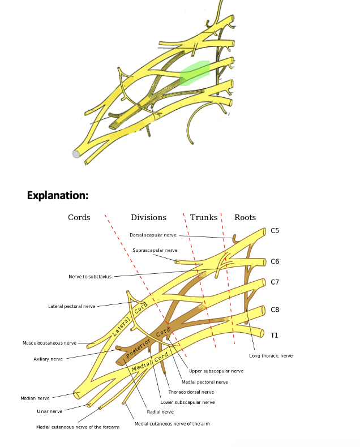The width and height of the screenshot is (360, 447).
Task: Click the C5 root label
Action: click(275, 231)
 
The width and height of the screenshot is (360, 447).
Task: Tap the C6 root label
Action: click(275, 261)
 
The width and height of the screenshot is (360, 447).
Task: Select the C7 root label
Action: click(275, 282)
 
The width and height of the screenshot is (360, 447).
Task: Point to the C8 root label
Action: click(275, 310)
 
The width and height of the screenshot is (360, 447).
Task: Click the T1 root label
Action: click(274, 335)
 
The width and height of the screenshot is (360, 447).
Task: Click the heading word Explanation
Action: click(58, 196)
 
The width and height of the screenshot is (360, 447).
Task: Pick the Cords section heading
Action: click(79, 217)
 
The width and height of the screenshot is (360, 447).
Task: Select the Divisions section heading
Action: click(148, 217)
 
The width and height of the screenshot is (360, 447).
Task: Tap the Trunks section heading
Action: click(204, 217)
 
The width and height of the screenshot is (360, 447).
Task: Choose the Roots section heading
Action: click(245, 217)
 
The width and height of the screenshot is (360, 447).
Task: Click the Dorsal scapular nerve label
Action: click(153, 235)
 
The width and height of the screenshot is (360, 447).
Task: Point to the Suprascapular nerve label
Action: click(155, 250)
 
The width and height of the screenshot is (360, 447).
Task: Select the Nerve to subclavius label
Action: click(90, 277)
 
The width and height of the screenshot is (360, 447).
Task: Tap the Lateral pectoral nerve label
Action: click(71, 306)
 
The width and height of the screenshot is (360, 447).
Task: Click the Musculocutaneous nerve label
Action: click(49, 343)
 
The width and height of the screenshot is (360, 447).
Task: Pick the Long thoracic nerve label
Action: click(271, 356)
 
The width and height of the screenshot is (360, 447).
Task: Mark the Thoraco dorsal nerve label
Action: click(191, 392)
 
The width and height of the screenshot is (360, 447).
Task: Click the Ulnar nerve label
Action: click(50, 411)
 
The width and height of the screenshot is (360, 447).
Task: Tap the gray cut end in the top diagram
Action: click(76, 153)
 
